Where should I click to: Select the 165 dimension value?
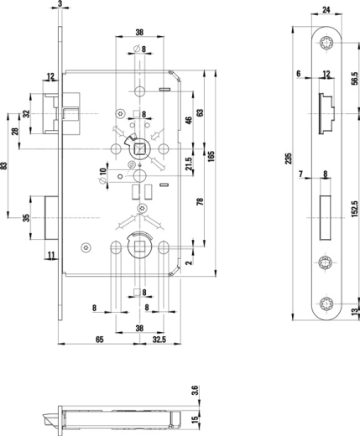click(212, 155)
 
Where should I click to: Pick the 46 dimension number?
click(188, 121)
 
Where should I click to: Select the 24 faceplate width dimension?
click(326, 11)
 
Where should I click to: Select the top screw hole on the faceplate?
click(326, 45)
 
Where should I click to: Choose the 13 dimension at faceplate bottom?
click(355, 311)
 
